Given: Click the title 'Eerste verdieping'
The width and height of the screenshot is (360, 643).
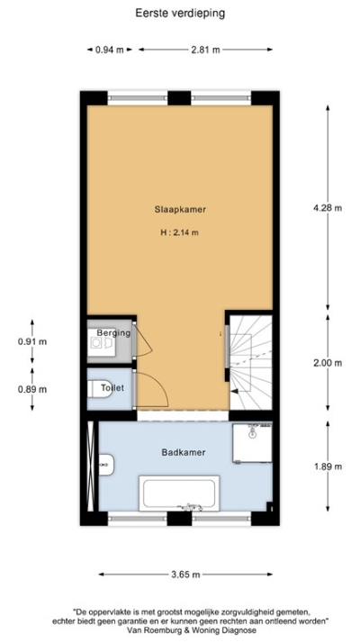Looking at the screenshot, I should [180, 13].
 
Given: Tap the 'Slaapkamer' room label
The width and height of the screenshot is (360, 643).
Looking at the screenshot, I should [180, 209].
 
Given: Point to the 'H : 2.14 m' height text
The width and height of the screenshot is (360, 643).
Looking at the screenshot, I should [180, 232].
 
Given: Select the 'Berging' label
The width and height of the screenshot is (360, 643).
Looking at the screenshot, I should [114, 333].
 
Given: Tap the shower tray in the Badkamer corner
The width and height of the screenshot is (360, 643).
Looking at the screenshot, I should [253, 443].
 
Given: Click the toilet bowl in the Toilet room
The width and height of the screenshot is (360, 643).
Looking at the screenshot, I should [97, 389].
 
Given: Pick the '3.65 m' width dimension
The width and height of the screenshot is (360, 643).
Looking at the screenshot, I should [184, 573].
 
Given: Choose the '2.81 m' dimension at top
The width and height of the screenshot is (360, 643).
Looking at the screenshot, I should [205, 50].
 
